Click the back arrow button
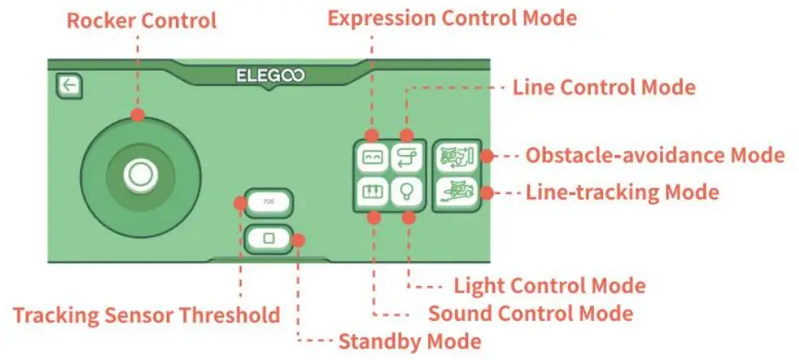pos(67,84)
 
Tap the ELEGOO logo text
pos(270,76)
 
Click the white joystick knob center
pos(139,173)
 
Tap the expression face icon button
pos(372,156)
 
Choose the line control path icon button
pos(407,156)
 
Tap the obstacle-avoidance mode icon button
pos(457,155)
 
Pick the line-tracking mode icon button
pos(457,192)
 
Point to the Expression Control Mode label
pos(452,17)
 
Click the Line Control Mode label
pos(604,87)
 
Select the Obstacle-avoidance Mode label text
pos(655,155)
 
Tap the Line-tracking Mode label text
pos(622,192)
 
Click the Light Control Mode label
pos(549,285)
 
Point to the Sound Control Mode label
pos(530,313)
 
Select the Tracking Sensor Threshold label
pos(146,314)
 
